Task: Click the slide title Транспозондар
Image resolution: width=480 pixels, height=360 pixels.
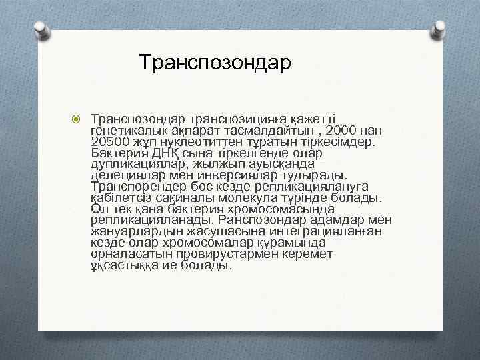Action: (215, 63)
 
